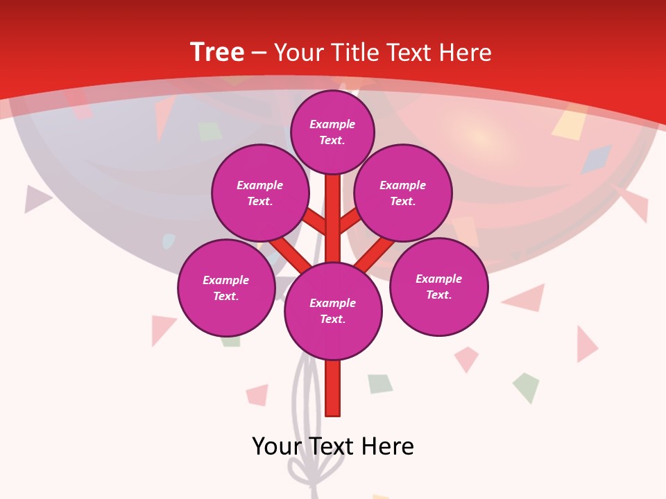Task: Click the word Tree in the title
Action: [x=217, y=53]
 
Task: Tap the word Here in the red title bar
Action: [x=466, y=53]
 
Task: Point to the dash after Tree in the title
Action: [x=259, y=53]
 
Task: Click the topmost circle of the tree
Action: [x=332, y=132]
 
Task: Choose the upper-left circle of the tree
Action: [x=259, y=193]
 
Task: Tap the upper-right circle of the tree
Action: [x=403, y=193]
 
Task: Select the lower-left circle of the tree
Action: [x=226, y=288]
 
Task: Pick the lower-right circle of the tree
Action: [x=438, y=286]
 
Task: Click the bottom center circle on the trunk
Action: [x=333, y=310]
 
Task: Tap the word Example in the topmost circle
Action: [x=332, y=124]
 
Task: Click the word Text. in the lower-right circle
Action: [x=438, y=295]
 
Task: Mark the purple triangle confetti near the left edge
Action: [x=36, y=199]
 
